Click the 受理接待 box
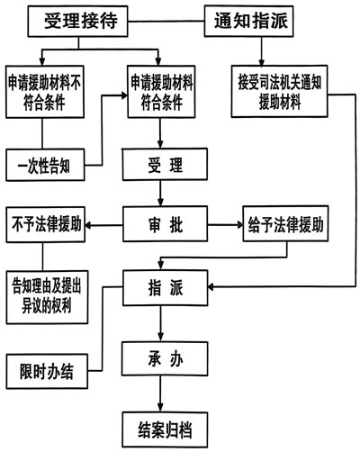pyautogui.click(x=78, y=22)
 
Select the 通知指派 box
pyautogui.click(x=249, y=22)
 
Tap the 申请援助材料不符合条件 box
pyautogui.click(x=45, y=92)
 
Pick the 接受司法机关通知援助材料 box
pyautogui.click(x=279, y=91)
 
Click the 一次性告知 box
pyautogui.click(x=45, y=165)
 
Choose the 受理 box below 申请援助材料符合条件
pyautogui.click(x=165, y=164)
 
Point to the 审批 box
pyautogui.click(x=165, y=224)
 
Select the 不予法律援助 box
pyautogui.click(x=46, y=224)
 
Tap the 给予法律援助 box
pyautogui.click(x=285, y=223)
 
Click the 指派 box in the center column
pyautogui.click(x=166, y=288)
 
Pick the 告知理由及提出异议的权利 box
pyautogui.click(x=47, y=297)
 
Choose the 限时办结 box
pyautogui.click(x=47, y=371)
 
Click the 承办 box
pyautogui.click(x=165, y=358)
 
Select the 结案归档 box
pyautogui.click(x=165, y=429)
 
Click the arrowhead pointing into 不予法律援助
pyautogui.click(x=88, y=225)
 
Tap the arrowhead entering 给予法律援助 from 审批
pyautogui.click(x=239, y=224)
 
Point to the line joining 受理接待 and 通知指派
pyautogui.click(x=166, y=22)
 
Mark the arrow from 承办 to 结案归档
pyautogui.click(x=160, y=393)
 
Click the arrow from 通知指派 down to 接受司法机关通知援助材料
pyautogui.click(x=262, y=51)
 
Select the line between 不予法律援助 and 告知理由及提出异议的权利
pyautogui.click(x=42, y=257)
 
